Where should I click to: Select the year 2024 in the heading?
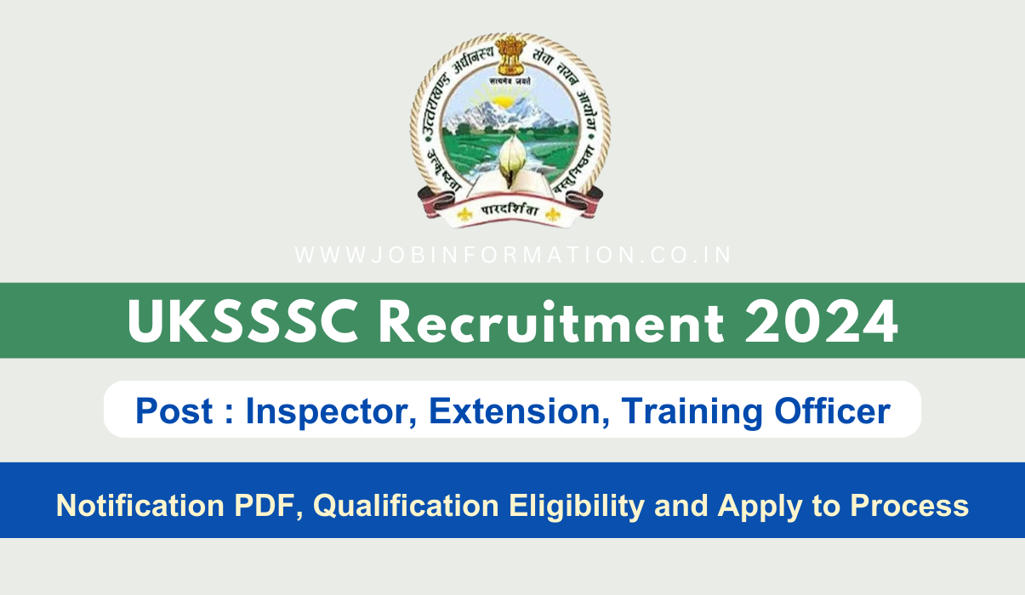[820, 321]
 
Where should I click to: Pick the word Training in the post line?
[688, 411]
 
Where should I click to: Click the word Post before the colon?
[175, 411]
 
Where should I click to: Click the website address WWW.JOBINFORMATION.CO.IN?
[513, 255]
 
